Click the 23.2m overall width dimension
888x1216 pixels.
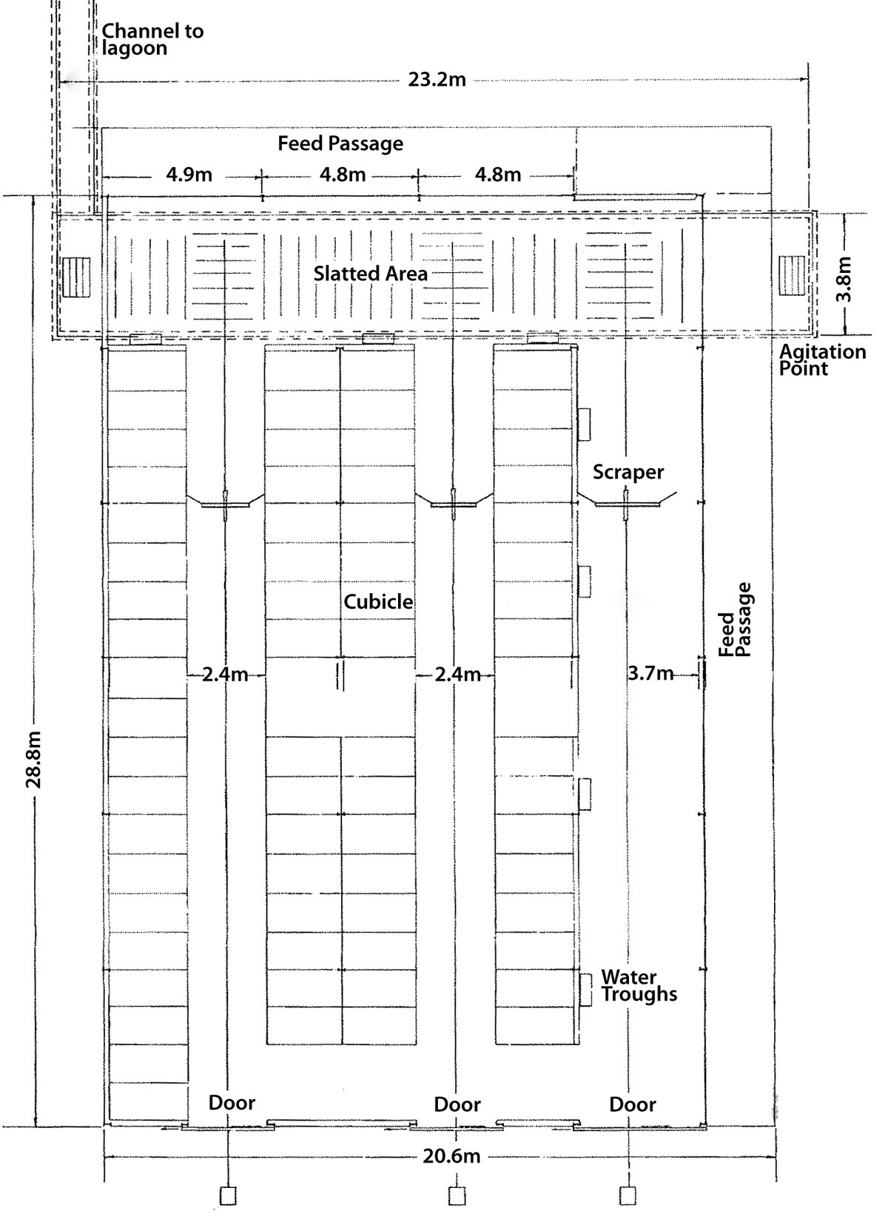click(x=437, y=80)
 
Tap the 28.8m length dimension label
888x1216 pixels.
click(x=34, y=760)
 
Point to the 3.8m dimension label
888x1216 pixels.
click(x=844, y=279)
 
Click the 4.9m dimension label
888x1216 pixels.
click(x=189, y=175)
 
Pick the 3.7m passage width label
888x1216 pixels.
click(x=650, y=674)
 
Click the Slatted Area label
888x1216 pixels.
click(x=371, y=273)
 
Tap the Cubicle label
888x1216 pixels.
click(x=378, y=601)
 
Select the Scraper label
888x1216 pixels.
click(x=628, y=473)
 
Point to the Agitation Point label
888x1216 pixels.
click(x=823, y=360)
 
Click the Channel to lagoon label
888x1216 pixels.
click(x=152, y=39)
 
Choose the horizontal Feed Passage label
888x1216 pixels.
click(x=340, y=143)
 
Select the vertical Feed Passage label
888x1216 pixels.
click(x=735, y=620)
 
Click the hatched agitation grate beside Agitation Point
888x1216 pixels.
click(x=792, y=276)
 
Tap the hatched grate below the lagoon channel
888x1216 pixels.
click(x=76, y=277)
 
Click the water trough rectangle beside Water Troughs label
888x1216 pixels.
click(x=585, y=990)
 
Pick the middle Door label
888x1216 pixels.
click(x=457, y=1104)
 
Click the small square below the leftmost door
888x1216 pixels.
click(x=228, y=1196)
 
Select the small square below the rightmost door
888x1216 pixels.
click(x=628, y=1195)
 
